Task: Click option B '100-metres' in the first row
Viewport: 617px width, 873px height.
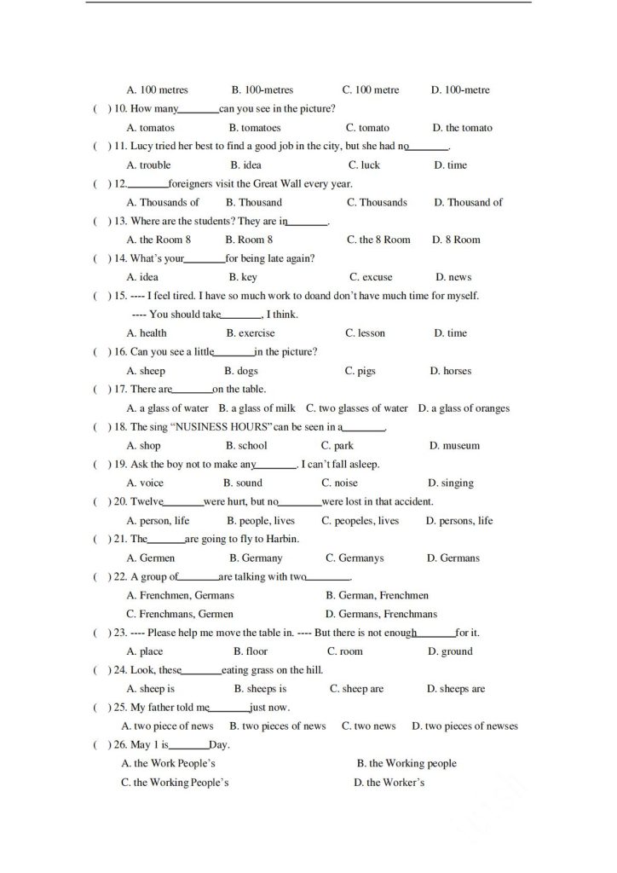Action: coord(262,90)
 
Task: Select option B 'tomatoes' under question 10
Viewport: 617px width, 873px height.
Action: coord(255,128)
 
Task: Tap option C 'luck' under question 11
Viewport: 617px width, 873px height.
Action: coord(364,165)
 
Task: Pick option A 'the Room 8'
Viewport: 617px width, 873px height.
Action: coord(159,240)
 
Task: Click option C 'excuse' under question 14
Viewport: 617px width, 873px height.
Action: coord(371,277)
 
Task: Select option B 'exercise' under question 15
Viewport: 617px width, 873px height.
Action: coord(251,333)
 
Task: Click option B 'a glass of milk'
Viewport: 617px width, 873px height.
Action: coord(257,408)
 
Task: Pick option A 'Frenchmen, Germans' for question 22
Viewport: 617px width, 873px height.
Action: coord(180,595)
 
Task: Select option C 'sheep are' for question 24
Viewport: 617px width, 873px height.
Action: coord(357,689)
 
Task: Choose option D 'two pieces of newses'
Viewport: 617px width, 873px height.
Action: coord(464,726)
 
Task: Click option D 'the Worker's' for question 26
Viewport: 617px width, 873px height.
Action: coord(389,783)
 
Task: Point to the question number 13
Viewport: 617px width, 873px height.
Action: coord(120,222)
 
